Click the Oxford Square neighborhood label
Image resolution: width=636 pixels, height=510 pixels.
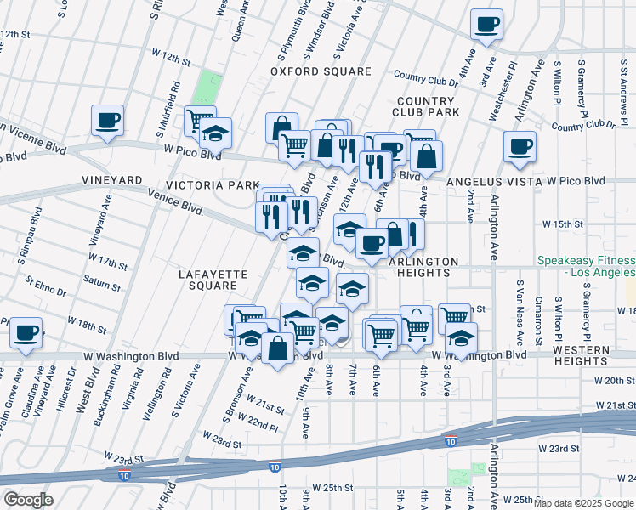(321, 71)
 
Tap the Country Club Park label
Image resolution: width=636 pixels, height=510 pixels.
(426, 105)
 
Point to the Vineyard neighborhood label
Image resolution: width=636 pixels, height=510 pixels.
(111, 180)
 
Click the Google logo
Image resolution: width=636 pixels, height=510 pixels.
(27, 500)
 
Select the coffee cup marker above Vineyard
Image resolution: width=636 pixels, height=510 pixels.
(108, 121)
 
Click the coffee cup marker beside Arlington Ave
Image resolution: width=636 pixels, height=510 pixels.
(520, 146)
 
